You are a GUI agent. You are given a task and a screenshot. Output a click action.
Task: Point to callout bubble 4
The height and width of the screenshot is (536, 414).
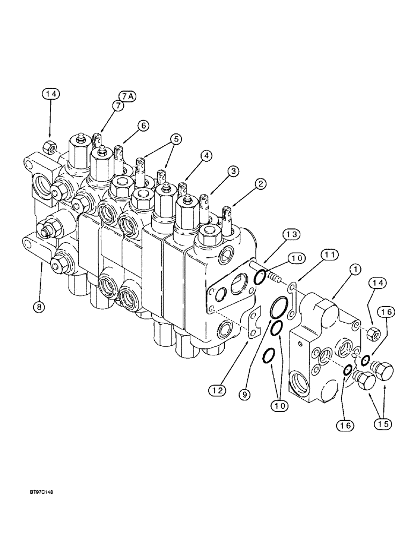click(x=206, y=155)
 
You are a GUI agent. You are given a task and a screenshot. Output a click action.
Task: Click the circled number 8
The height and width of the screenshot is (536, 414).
click(x=40, y=308)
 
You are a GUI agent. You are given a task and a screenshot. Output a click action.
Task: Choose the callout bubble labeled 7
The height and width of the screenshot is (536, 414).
click(x=117, y=107)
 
